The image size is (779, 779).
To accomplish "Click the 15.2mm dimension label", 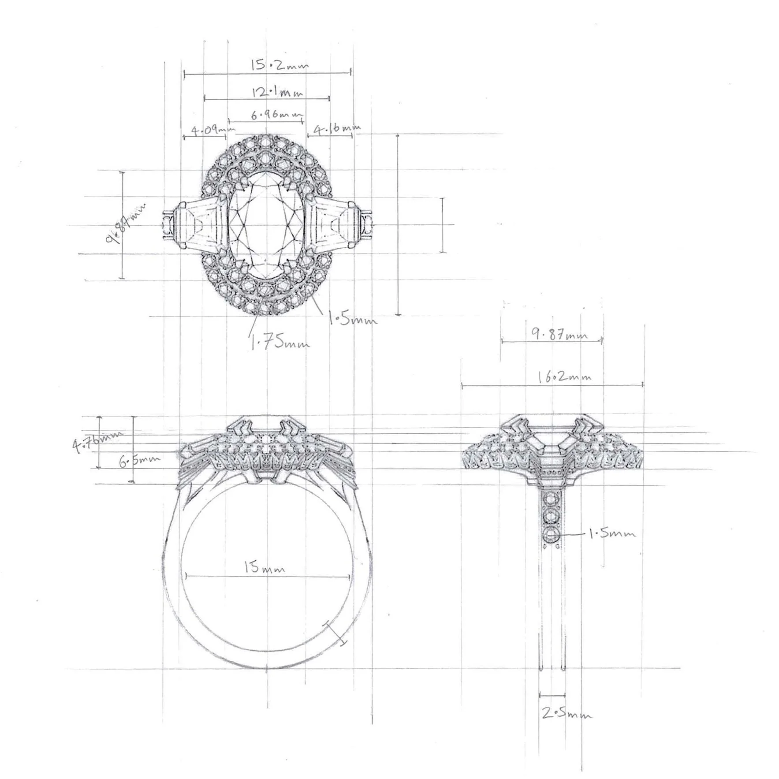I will [x=280, y=65].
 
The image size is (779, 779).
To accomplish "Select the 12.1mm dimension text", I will [x=278, y=93].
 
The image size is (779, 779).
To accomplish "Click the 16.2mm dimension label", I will [x=564, y=377].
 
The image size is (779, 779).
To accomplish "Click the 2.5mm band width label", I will [x=566, y=715].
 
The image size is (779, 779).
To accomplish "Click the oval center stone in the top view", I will [x=267, y=225].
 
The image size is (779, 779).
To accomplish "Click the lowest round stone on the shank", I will [x=552, y=535].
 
